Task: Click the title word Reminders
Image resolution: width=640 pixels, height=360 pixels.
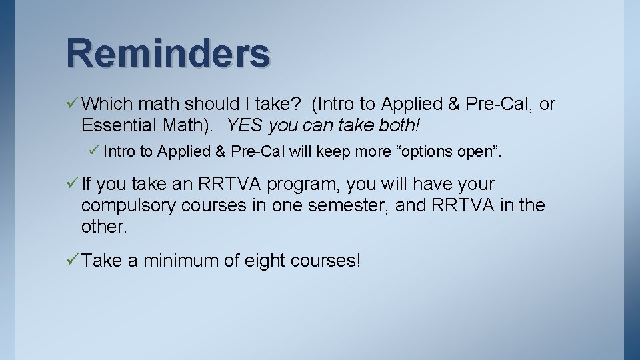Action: (x=168, y=53)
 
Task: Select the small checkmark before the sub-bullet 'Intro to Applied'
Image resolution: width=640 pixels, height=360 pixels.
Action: (x=94, y=151)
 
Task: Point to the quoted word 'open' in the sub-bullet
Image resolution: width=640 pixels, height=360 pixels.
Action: (x=476, y=152)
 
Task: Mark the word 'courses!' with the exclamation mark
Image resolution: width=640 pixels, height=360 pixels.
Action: (x=325, y=261)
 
